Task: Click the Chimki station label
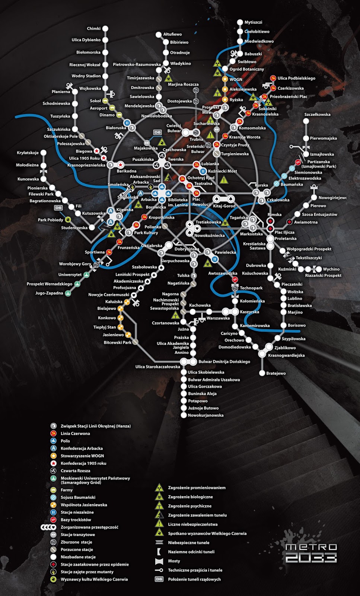tap(94, 29)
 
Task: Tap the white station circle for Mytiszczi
tap(240, 22)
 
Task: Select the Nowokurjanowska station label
tap(206, 415)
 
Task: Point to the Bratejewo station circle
tap(262, 373)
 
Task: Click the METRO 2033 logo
tap(311, 553)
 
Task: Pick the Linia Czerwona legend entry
tap(75, 434)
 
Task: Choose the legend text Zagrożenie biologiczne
tap(190, 497)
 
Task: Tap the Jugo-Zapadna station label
tap(49, 293)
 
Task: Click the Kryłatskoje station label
tap(28, 153)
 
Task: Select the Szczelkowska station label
tap(317, 115)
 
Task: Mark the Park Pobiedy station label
tap(50, 220)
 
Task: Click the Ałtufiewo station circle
tap(159, 35)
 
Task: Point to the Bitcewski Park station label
tap(117, 342)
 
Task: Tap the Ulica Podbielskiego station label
tap(296, 78)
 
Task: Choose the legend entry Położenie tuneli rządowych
tap(194, 579)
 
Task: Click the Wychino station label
tap(331, 269)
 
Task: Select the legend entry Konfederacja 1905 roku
tap(83, 463)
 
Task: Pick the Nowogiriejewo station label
tap(332, 198)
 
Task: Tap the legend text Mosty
tap(174, 561)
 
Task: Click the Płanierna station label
tap(61, 92)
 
